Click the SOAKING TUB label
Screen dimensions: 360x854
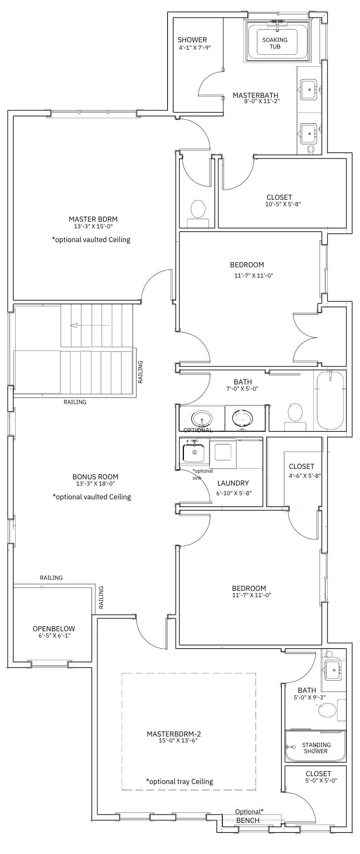[x=275, y=43]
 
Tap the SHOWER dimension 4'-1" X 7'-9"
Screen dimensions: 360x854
[x=195, y=47]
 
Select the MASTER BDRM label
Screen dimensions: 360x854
[x=93, y=219]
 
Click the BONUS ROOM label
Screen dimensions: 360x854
[x=95, y=477]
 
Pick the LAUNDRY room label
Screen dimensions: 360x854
[x=233, y=483]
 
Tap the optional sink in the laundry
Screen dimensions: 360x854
[x=194, y=452]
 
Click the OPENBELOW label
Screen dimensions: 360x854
[x=54, y=629]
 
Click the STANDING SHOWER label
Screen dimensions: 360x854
[x=316, y=748]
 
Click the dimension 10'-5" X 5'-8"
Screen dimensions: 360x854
[x=283, y=204]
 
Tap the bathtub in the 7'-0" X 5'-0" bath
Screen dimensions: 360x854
[x=330, y=400]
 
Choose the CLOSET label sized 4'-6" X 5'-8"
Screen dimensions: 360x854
[x=301, y=466]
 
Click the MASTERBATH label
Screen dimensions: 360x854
[x=255, y=95]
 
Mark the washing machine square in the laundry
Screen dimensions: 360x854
[x=223, y=451]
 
